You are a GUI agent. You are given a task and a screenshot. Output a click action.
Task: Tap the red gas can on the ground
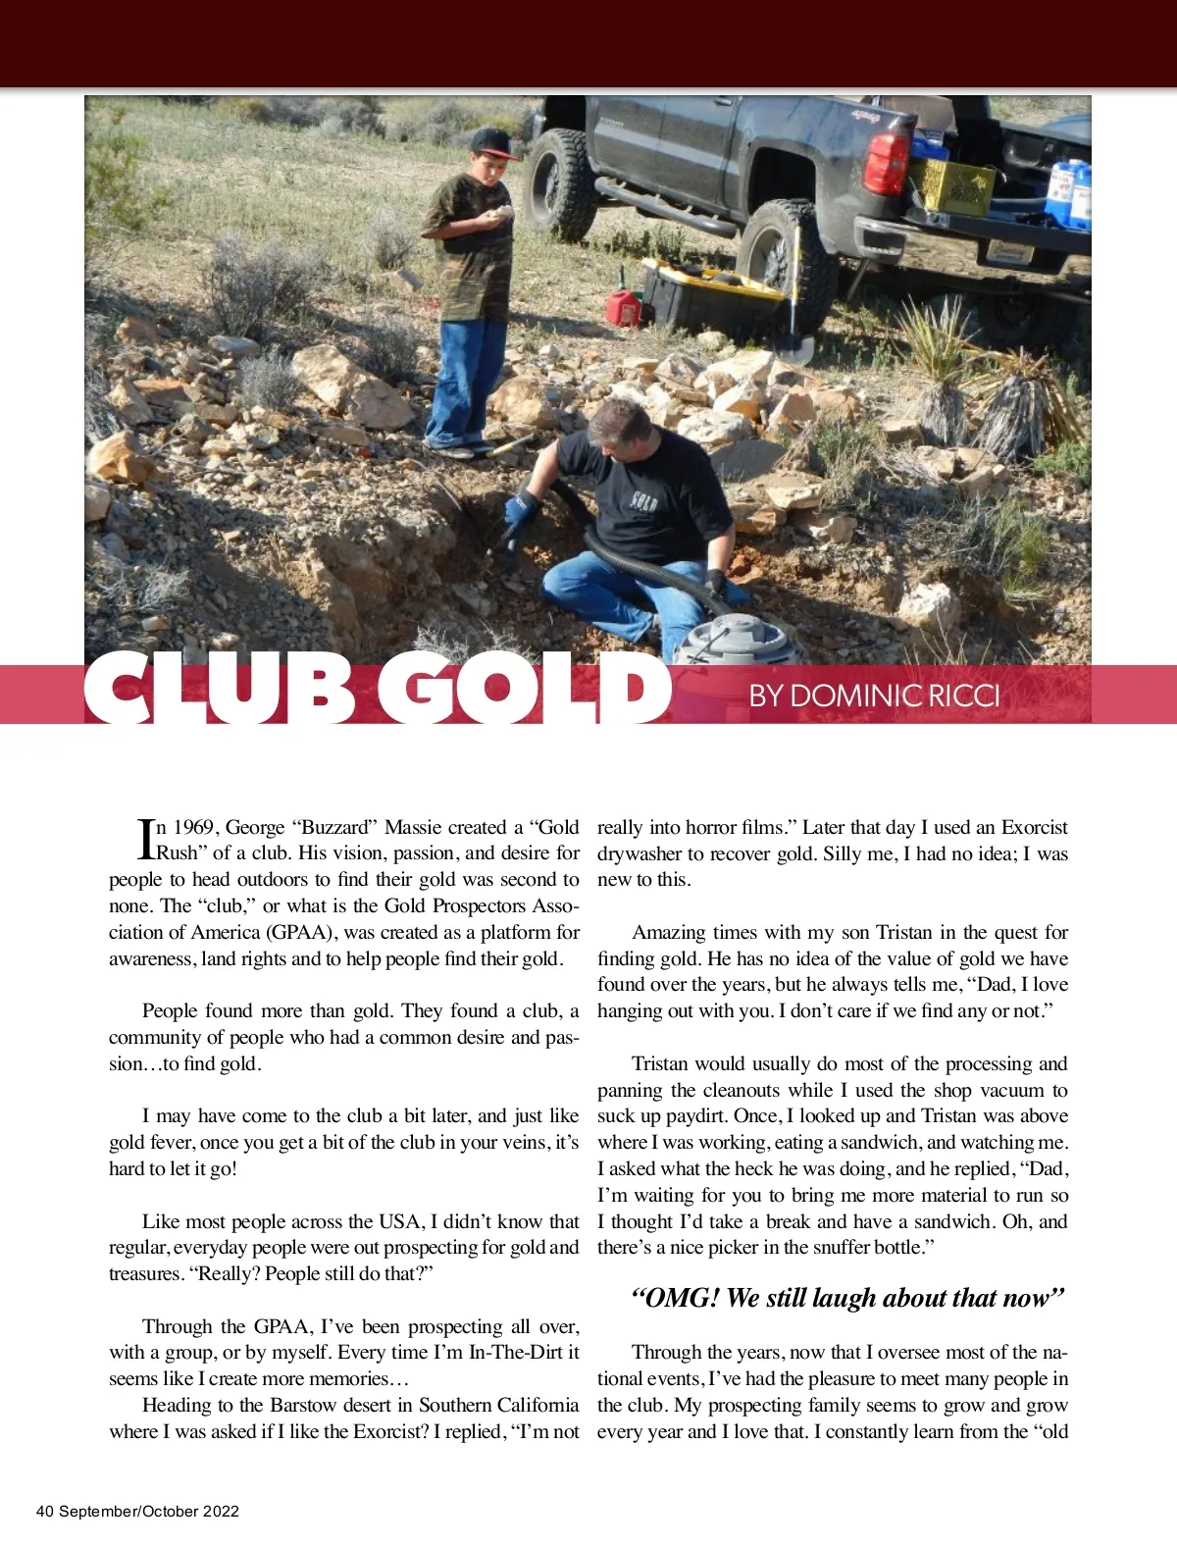click(622, 305)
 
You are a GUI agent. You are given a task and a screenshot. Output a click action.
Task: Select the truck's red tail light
click(888, 163)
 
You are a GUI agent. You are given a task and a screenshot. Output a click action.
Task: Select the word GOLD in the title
click(520, 690)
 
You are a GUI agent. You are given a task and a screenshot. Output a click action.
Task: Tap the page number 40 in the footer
click(44, 1512)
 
